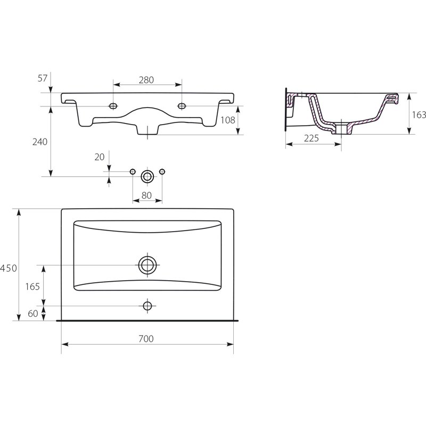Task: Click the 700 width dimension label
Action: pos(146,339)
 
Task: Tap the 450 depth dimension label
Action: pos(9,268)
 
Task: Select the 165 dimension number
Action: pos(32,286)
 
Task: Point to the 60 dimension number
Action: pos(33,314)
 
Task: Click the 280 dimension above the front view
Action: pos(146,80)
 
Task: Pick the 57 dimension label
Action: pos(43,78)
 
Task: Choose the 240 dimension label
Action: pos(39,142)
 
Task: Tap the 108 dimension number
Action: pos(228,120)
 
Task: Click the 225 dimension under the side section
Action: pos(312,138)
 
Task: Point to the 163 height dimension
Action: pos(419,115)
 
